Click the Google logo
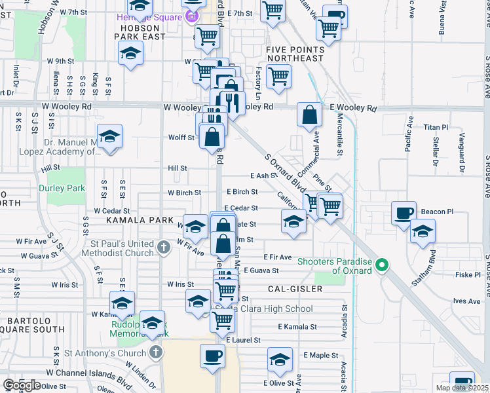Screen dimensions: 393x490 [x=22, y=385]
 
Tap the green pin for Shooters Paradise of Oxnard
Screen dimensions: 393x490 [x=385, y=265]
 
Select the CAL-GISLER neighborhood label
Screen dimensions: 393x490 [x=295, y=288]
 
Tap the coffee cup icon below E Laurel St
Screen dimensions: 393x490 [x=211, y=357]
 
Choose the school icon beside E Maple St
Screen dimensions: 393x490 [x=279, y=360]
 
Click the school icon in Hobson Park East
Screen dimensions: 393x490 [x=131, y=53]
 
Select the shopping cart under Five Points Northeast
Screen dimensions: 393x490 [x=279, y=75]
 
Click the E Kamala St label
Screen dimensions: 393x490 [x=297, y=326]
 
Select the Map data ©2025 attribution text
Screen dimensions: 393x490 [x=462, y=388]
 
